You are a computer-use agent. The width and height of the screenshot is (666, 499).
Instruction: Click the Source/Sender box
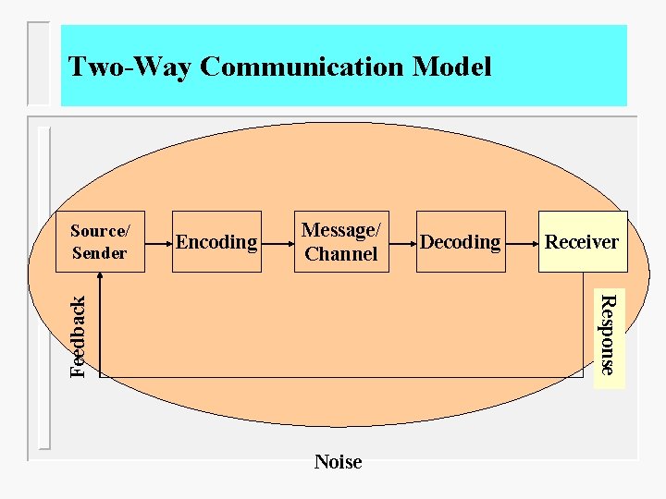[99, 241]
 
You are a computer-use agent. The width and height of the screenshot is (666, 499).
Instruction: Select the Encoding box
[216, 241]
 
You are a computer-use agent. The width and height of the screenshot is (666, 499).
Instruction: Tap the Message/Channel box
[340, 241]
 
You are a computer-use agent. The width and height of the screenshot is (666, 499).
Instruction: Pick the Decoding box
[460, 241]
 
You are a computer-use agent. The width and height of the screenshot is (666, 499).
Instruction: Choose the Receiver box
[582, 241]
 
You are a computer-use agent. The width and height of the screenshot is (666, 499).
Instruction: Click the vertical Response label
[607, 334]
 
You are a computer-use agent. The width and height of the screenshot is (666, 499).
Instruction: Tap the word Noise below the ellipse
[338, 461]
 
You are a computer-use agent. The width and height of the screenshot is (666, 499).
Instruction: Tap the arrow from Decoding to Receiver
[522, 242]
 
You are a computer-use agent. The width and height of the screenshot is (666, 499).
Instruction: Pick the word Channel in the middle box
[340, 253]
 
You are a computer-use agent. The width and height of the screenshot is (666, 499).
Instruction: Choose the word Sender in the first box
[99, 253]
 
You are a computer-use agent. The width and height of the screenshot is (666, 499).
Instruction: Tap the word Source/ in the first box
[100, 231]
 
